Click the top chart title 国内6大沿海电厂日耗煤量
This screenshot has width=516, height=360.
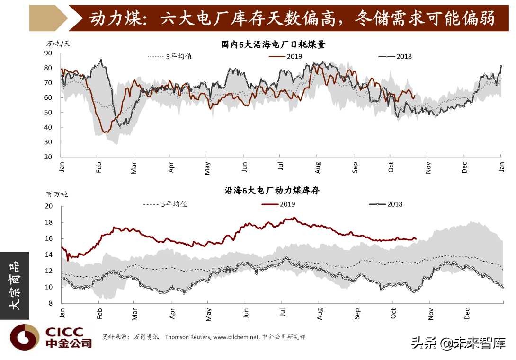[273, 45]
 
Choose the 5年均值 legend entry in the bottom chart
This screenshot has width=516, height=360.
[165, 204]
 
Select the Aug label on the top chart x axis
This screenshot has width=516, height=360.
[318, 168]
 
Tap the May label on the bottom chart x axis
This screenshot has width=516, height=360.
[208, 315]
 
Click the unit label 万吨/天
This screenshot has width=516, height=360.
[58, 44]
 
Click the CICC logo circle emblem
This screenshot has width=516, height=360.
[25, 337]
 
